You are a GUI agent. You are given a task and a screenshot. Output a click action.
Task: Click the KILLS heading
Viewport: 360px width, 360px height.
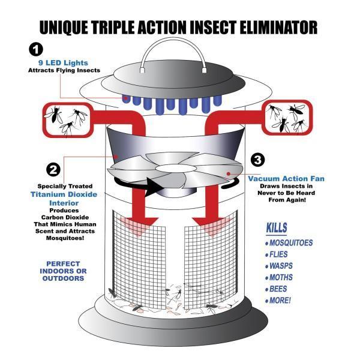[277, 229]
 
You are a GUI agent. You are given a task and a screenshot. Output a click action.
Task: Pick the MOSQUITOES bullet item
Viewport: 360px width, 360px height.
[289, 243]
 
